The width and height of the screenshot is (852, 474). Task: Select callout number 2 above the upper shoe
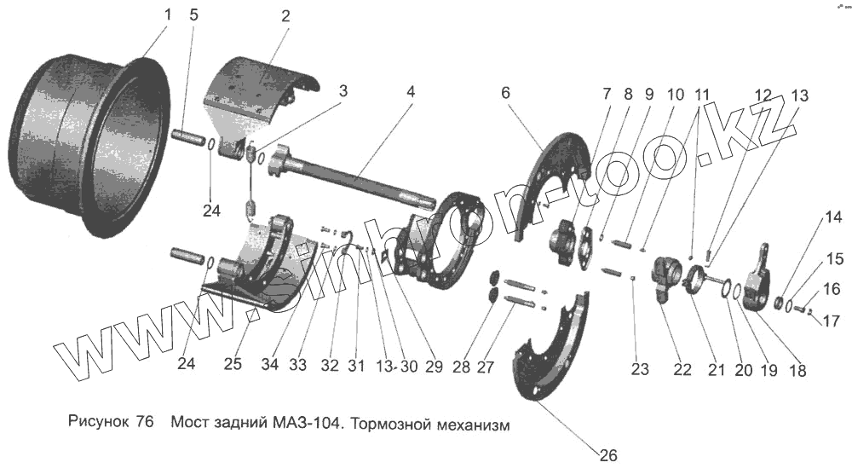[285, 15]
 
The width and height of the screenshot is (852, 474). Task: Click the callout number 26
[607, 454]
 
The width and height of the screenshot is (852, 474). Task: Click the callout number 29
[434, 367]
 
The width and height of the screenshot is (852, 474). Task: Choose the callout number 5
[194, 16]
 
